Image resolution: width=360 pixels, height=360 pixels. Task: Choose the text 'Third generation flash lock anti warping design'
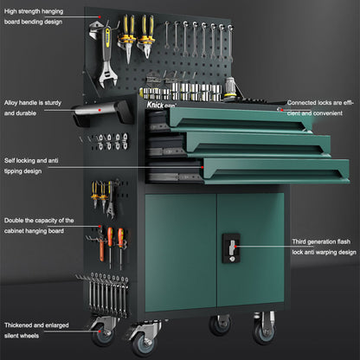pos(323,247)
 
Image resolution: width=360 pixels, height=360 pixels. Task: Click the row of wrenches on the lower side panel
pos(107,294)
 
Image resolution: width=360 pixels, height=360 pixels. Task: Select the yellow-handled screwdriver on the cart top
pos(230,86)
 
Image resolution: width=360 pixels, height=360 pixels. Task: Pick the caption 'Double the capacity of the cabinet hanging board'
pos(39,225)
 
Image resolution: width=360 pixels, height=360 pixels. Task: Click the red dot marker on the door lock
pos(238,247)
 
